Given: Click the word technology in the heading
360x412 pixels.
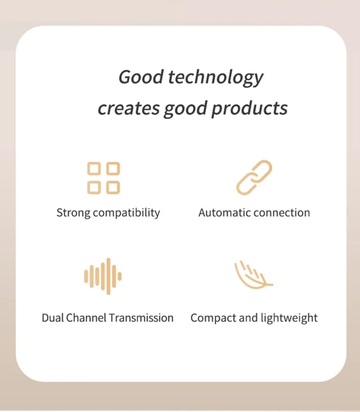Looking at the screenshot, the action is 216,78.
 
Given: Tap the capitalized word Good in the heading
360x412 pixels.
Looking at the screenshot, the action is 141,77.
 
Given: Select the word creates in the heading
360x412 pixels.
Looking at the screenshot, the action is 129,108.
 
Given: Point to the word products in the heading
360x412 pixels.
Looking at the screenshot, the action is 249,108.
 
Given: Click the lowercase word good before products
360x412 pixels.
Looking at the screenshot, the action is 185,109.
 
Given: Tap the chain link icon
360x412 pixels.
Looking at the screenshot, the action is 254,178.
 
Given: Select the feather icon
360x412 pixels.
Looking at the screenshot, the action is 253,275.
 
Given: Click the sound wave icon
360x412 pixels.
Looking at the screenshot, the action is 103,276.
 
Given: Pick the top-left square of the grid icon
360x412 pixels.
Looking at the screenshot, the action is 94,168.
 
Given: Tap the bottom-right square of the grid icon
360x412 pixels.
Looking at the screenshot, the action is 113,188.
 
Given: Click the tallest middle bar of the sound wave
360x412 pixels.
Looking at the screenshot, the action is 108,276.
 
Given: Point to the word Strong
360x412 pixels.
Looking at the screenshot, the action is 73,213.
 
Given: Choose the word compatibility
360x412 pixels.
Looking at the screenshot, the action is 126,213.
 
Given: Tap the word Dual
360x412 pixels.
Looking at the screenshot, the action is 53,318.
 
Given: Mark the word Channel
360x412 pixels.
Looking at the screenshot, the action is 86,318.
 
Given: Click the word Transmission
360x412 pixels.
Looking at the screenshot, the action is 141,318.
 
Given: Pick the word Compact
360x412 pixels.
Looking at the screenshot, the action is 213,318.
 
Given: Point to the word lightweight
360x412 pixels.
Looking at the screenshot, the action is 289,318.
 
